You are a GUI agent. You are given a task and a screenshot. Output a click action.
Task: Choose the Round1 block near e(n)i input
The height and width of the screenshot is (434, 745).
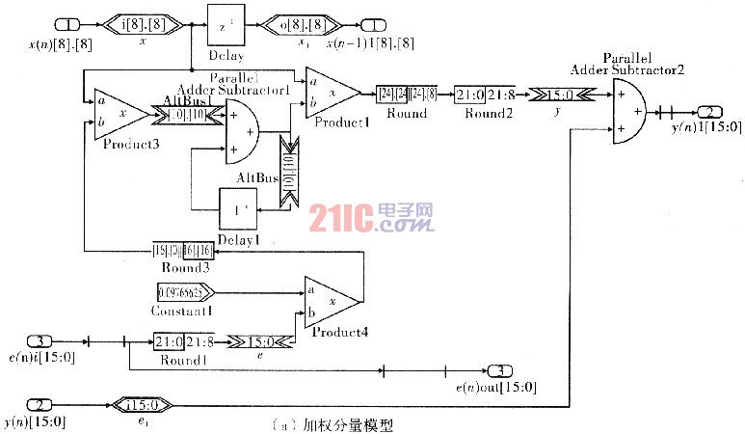tap(184, 340)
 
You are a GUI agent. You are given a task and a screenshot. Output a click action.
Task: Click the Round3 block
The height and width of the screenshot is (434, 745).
tap(182, 252)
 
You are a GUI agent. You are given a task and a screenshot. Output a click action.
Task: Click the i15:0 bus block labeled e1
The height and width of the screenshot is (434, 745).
tap(142, 403)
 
